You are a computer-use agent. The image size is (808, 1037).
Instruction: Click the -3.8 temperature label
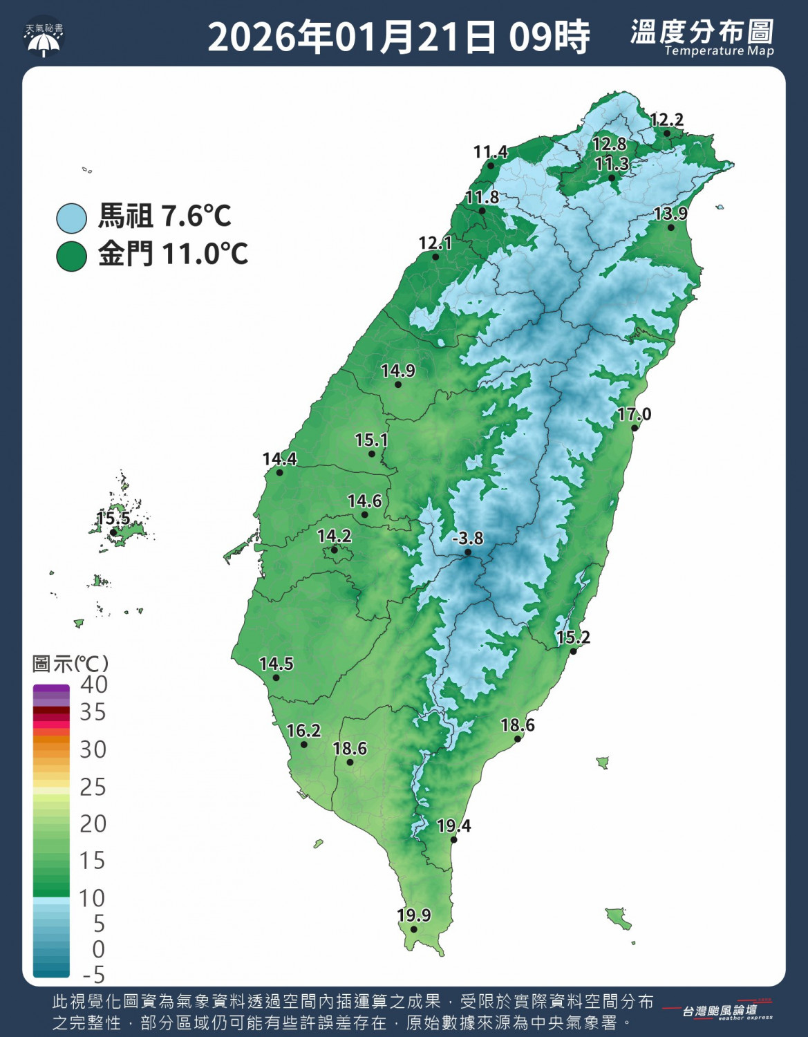[468, 538]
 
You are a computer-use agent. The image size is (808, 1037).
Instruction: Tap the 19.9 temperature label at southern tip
[414, 915]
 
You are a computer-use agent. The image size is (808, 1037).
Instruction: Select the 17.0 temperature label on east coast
[634, 414]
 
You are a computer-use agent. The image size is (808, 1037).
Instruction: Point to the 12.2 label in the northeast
[666, 120]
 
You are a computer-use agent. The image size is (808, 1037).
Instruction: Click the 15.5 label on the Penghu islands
[113, 518]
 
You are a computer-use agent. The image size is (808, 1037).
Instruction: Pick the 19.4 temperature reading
[454, 825]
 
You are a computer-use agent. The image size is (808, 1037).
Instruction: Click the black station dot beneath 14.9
[398, 384]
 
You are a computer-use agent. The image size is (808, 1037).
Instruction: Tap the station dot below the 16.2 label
[304, 745]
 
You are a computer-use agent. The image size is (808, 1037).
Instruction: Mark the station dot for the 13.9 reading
[670, 227]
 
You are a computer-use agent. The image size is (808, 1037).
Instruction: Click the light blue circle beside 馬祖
[71, 218]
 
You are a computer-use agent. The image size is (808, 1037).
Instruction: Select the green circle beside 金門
[71, 256]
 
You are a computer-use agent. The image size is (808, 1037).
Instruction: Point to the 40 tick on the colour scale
[93, 684]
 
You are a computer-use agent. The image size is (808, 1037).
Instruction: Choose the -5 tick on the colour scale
[93, 975]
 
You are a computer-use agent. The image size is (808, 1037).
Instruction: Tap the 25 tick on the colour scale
[93, 787]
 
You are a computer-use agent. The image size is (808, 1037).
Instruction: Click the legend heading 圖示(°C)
[71, 664]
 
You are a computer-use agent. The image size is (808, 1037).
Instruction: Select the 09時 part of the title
[549, 37]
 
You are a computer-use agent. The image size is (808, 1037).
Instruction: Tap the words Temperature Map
[719, 51]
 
